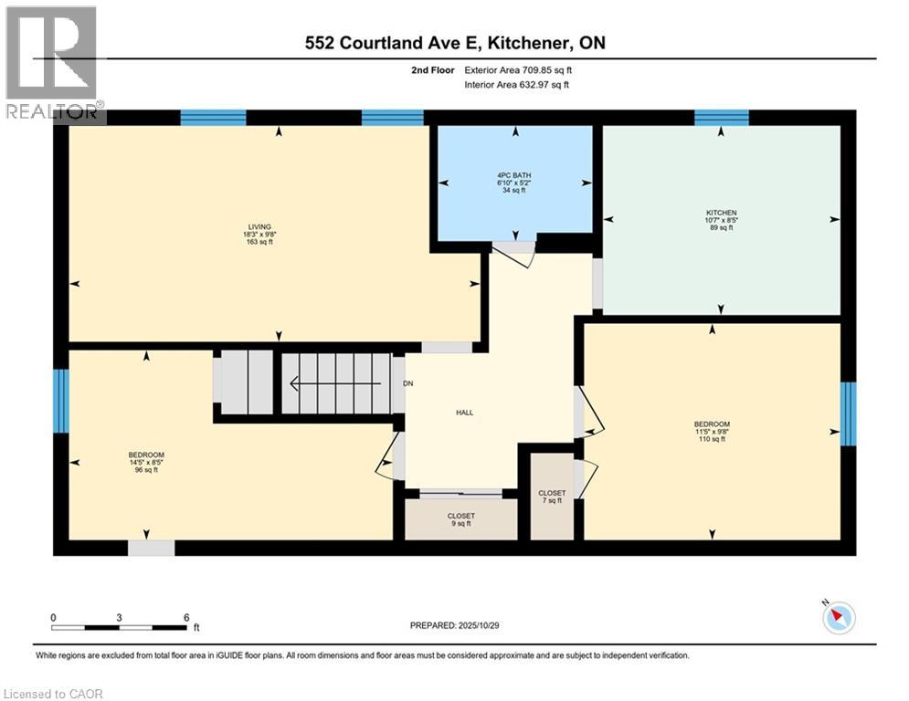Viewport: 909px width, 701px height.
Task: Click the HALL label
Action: tap(464, 413)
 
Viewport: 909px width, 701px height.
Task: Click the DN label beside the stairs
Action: tap(408, 383)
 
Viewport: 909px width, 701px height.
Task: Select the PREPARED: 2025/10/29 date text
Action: tap(463, 625)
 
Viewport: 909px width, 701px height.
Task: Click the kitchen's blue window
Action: tap(721, 117)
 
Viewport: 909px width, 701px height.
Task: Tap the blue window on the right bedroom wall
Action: tap(848, 413)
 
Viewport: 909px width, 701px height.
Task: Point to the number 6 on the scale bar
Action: tap(186, 617)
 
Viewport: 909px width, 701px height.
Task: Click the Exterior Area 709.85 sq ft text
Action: tap(518, 69)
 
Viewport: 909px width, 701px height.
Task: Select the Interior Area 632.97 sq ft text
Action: tap(516, 85)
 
